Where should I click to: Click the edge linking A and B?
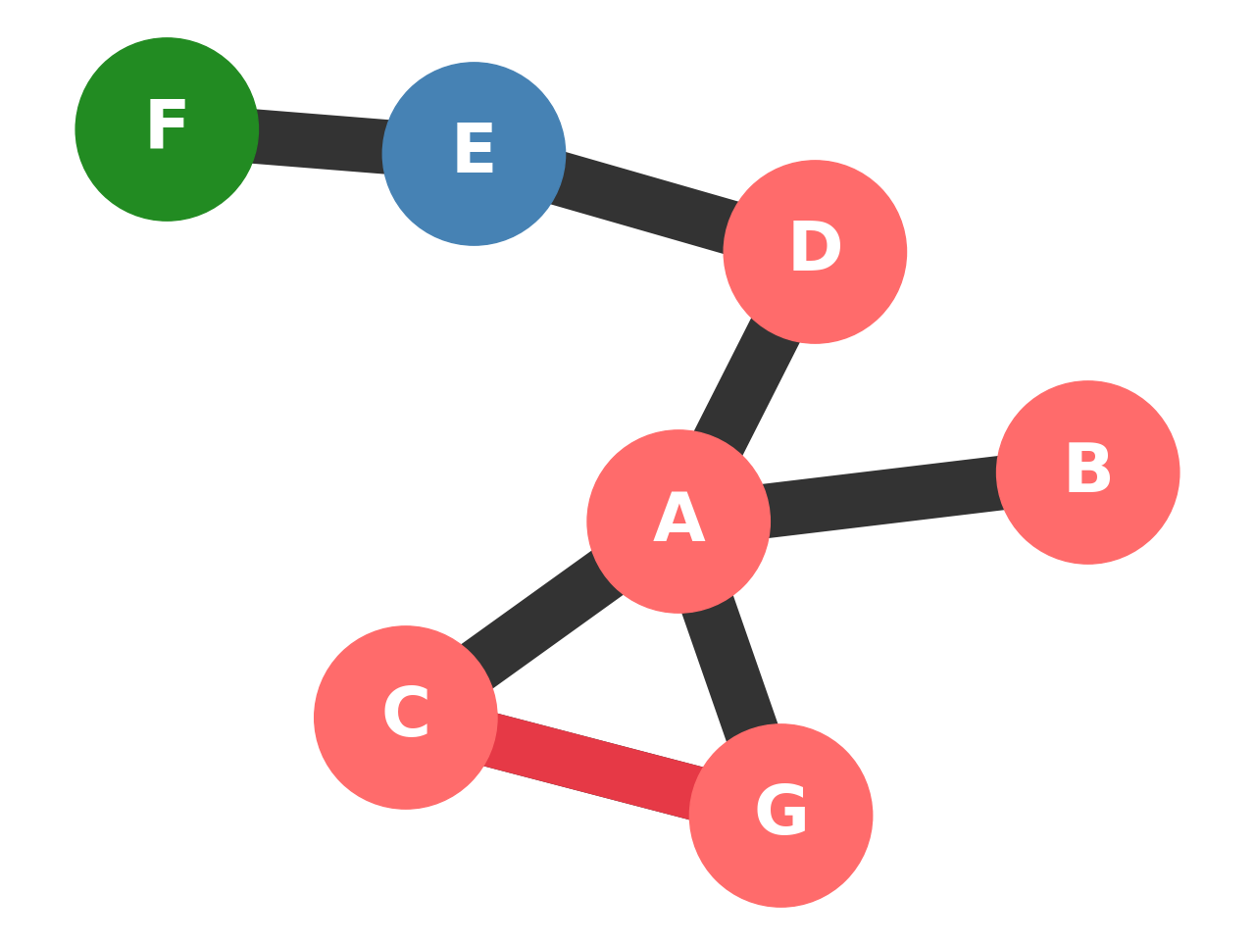(882, 497)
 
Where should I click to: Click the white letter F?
(167, 124)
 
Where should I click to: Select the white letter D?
(816, 247)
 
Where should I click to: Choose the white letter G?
(781, 811)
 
